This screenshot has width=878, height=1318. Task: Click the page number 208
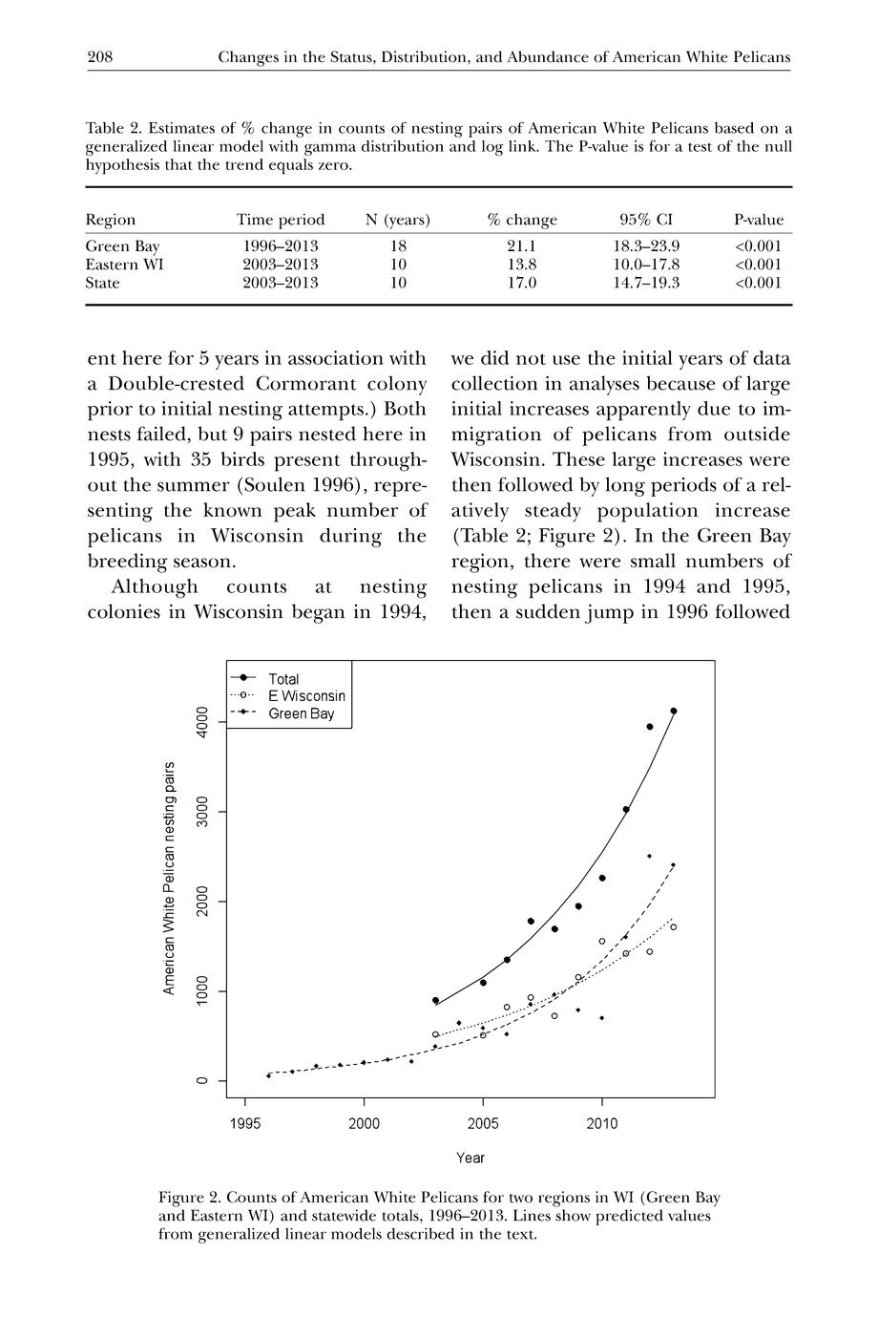click(100, 57)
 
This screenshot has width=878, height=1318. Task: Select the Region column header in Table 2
click(111, 220)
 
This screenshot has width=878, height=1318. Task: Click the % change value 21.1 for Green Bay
click(521, 246)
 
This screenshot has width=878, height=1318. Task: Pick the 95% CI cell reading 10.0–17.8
click(646, 265)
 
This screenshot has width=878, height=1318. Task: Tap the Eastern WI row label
click(124, 265)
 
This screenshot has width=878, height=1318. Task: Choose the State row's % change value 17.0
click(521, 283)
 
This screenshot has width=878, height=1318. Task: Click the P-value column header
click(758, 220)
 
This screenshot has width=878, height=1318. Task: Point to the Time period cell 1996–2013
click(281, 246)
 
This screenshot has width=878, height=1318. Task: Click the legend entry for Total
click(283, 679)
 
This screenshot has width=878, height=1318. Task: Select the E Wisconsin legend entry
click(306, 696)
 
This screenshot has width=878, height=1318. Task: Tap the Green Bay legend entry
click(302, 713)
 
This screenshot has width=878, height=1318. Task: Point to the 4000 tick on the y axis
click(201, 722)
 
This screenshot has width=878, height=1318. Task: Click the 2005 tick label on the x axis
click(483, 1124)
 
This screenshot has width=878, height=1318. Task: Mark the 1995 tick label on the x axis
click(246, 1124)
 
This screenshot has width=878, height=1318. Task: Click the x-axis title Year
click(470, 1158)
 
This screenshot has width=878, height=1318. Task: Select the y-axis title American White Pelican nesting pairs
click(169, 878)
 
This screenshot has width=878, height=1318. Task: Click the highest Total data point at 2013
click(674, 711)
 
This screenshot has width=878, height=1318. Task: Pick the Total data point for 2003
click(435, 1001)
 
